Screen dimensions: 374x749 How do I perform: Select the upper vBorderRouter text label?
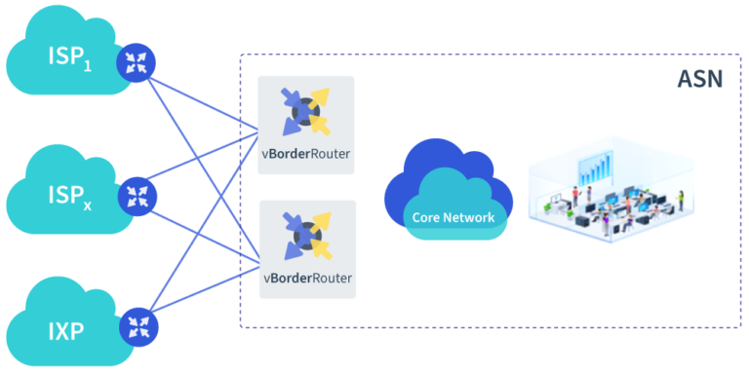(306, 154)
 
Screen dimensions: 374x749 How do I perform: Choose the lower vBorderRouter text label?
(306, 278)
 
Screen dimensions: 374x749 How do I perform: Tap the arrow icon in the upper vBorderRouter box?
(305, 111)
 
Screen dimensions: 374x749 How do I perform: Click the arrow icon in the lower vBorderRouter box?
(305, 235)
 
